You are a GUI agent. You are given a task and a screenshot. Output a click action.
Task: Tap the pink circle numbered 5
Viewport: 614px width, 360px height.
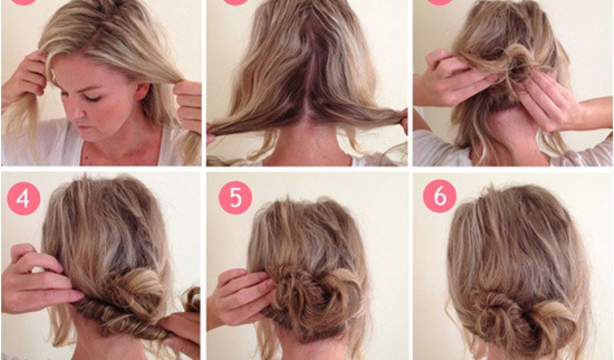[x=235, y=197]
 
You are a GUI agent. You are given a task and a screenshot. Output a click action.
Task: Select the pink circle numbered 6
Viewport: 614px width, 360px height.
[x=440, y=196]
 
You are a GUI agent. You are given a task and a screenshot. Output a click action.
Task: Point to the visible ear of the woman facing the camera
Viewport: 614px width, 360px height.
[x=142, y=91]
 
